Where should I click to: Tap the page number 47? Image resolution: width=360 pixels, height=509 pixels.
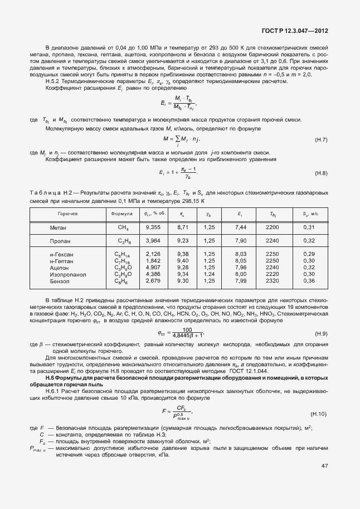coord(324,466)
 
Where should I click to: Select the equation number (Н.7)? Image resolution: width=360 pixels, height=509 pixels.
coord(321,138)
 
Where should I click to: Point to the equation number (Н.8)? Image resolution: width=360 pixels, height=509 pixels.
coord(321,173)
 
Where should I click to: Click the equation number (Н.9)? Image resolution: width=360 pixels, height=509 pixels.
coord(321,334)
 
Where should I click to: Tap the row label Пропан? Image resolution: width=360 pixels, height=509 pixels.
coord(59,241)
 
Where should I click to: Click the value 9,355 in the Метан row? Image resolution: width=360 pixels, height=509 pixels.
coord(153,227)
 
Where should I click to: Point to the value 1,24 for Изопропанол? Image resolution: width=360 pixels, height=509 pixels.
coord(209,274)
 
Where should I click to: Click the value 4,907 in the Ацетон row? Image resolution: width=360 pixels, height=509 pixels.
coord(153,268)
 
